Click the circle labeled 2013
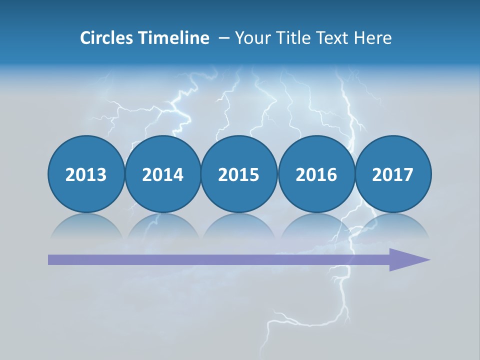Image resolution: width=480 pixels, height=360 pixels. click(86, 174)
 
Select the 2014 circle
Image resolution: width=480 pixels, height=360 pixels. click(162, 174)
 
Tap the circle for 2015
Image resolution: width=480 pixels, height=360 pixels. click(239, 174)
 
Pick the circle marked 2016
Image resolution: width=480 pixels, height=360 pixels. click(316, 174)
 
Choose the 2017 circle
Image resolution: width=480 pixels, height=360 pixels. click(393, 174)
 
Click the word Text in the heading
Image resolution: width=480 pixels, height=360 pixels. click(332, 38)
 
